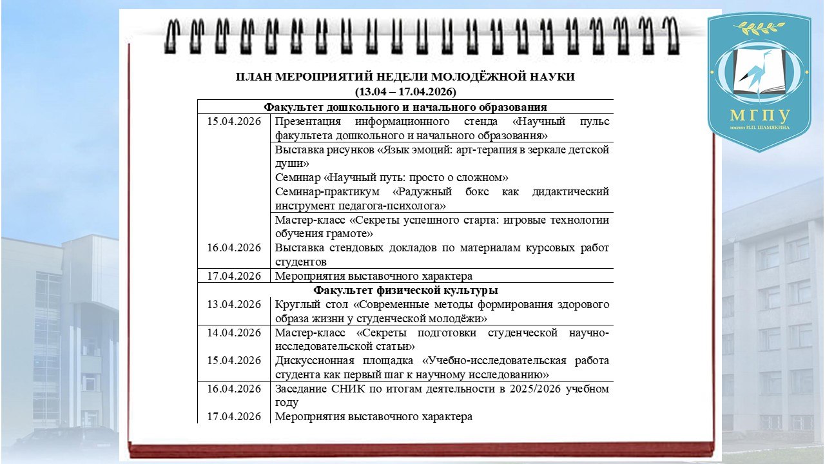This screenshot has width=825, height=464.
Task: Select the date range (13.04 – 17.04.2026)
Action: point(405,92)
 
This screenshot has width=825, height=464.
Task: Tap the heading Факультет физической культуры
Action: point(405,290)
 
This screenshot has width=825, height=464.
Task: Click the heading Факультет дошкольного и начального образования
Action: point(405,107)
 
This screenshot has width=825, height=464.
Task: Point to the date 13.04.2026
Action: point(234,305)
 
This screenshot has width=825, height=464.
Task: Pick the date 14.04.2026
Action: point(234,333)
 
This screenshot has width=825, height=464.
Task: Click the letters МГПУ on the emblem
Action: point(759,116)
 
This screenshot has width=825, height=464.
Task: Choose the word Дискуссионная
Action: point(313,360)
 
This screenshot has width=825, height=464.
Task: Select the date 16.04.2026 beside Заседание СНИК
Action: point(234,389)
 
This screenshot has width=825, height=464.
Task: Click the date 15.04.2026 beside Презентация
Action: point(234,122)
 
